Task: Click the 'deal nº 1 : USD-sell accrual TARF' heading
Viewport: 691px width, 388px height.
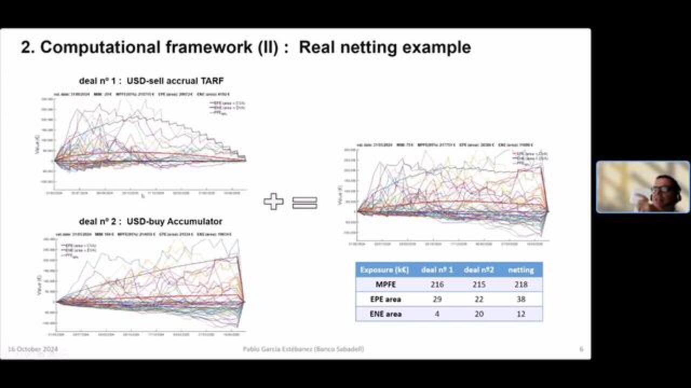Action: [151, 81]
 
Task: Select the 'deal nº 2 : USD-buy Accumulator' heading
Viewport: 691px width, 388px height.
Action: [151, 221]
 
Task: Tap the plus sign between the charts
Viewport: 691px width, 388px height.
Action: [274, 202]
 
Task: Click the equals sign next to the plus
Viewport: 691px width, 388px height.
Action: [304, 203]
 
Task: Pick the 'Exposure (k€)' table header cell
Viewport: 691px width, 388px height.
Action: [384, 270]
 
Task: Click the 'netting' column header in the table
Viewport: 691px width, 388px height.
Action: [521, 270]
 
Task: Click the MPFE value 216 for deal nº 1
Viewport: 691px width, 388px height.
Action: [437, 285]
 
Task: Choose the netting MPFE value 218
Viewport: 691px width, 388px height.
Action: [521, 285]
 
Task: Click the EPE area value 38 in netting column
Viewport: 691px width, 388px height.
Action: [521, 299]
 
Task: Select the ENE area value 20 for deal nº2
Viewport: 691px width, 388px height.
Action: [479, 314]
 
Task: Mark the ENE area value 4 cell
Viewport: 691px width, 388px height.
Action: [437, 314]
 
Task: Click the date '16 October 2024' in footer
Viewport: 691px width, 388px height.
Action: [32, 349]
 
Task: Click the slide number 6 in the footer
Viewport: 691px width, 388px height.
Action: [581, 349]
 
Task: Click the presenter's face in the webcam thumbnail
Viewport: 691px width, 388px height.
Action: [663, 189]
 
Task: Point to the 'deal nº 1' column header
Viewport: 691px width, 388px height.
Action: [437, 270]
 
